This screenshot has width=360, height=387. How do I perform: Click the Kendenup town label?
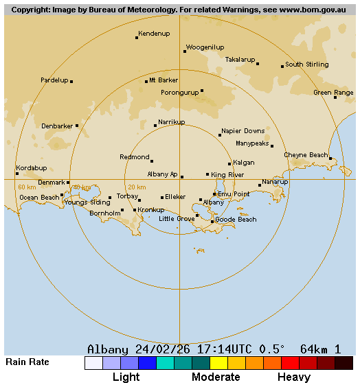tap(154, 33)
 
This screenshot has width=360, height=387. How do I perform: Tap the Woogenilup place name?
tap(205, 47)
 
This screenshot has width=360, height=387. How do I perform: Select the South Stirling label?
tap(306, 64)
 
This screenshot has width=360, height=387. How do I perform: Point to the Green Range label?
tap(333, 93)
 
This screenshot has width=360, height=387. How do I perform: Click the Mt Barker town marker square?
tap(146, 82)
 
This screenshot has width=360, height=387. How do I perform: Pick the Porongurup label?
tap(179, 92)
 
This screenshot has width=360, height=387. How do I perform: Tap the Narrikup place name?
tap(171, 121)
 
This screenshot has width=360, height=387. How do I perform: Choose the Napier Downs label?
tap(243, 131)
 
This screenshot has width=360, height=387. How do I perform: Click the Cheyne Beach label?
tap(306, 155)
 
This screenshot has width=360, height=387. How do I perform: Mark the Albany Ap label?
tap(162, 174)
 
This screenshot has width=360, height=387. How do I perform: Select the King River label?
tap(227, 175)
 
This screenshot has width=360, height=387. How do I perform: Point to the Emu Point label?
tap(234, 194)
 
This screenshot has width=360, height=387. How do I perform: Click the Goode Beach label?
tap(236, 220)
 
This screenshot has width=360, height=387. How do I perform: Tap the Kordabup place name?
tap(32, 168)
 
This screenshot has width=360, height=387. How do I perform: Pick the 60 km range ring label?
tap(27, 187)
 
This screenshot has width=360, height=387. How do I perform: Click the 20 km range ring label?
tap(137, 187)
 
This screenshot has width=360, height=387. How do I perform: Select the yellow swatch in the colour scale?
tap(218, 363)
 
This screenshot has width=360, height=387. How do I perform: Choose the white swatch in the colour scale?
tap(93, 363)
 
